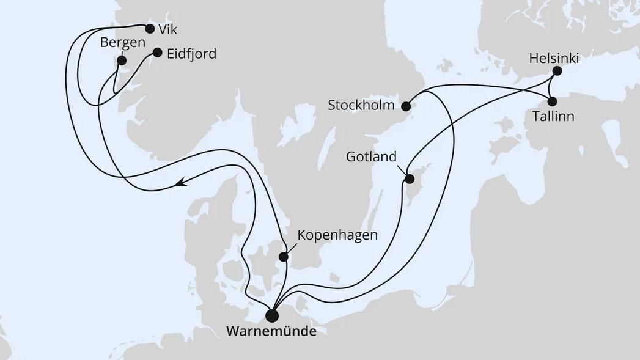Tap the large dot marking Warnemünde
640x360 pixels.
pos(271,315)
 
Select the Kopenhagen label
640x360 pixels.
pos(337,235)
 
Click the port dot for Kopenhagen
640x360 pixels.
pos(284,257)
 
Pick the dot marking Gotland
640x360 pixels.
pos(410,179)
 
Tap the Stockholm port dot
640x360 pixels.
pos(405,106)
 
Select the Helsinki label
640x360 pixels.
pos(554,59)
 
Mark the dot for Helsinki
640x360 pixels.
pos(557,71)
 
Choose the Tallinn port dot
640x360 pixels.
pos(553,102)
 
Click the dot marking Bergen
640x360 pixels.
pos(121,60)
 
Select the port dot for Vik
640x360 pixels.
pos(150,28)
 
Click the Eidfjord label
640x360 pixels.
pos(192,53)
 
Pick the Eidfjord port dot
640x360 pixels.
pos(157,53)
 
